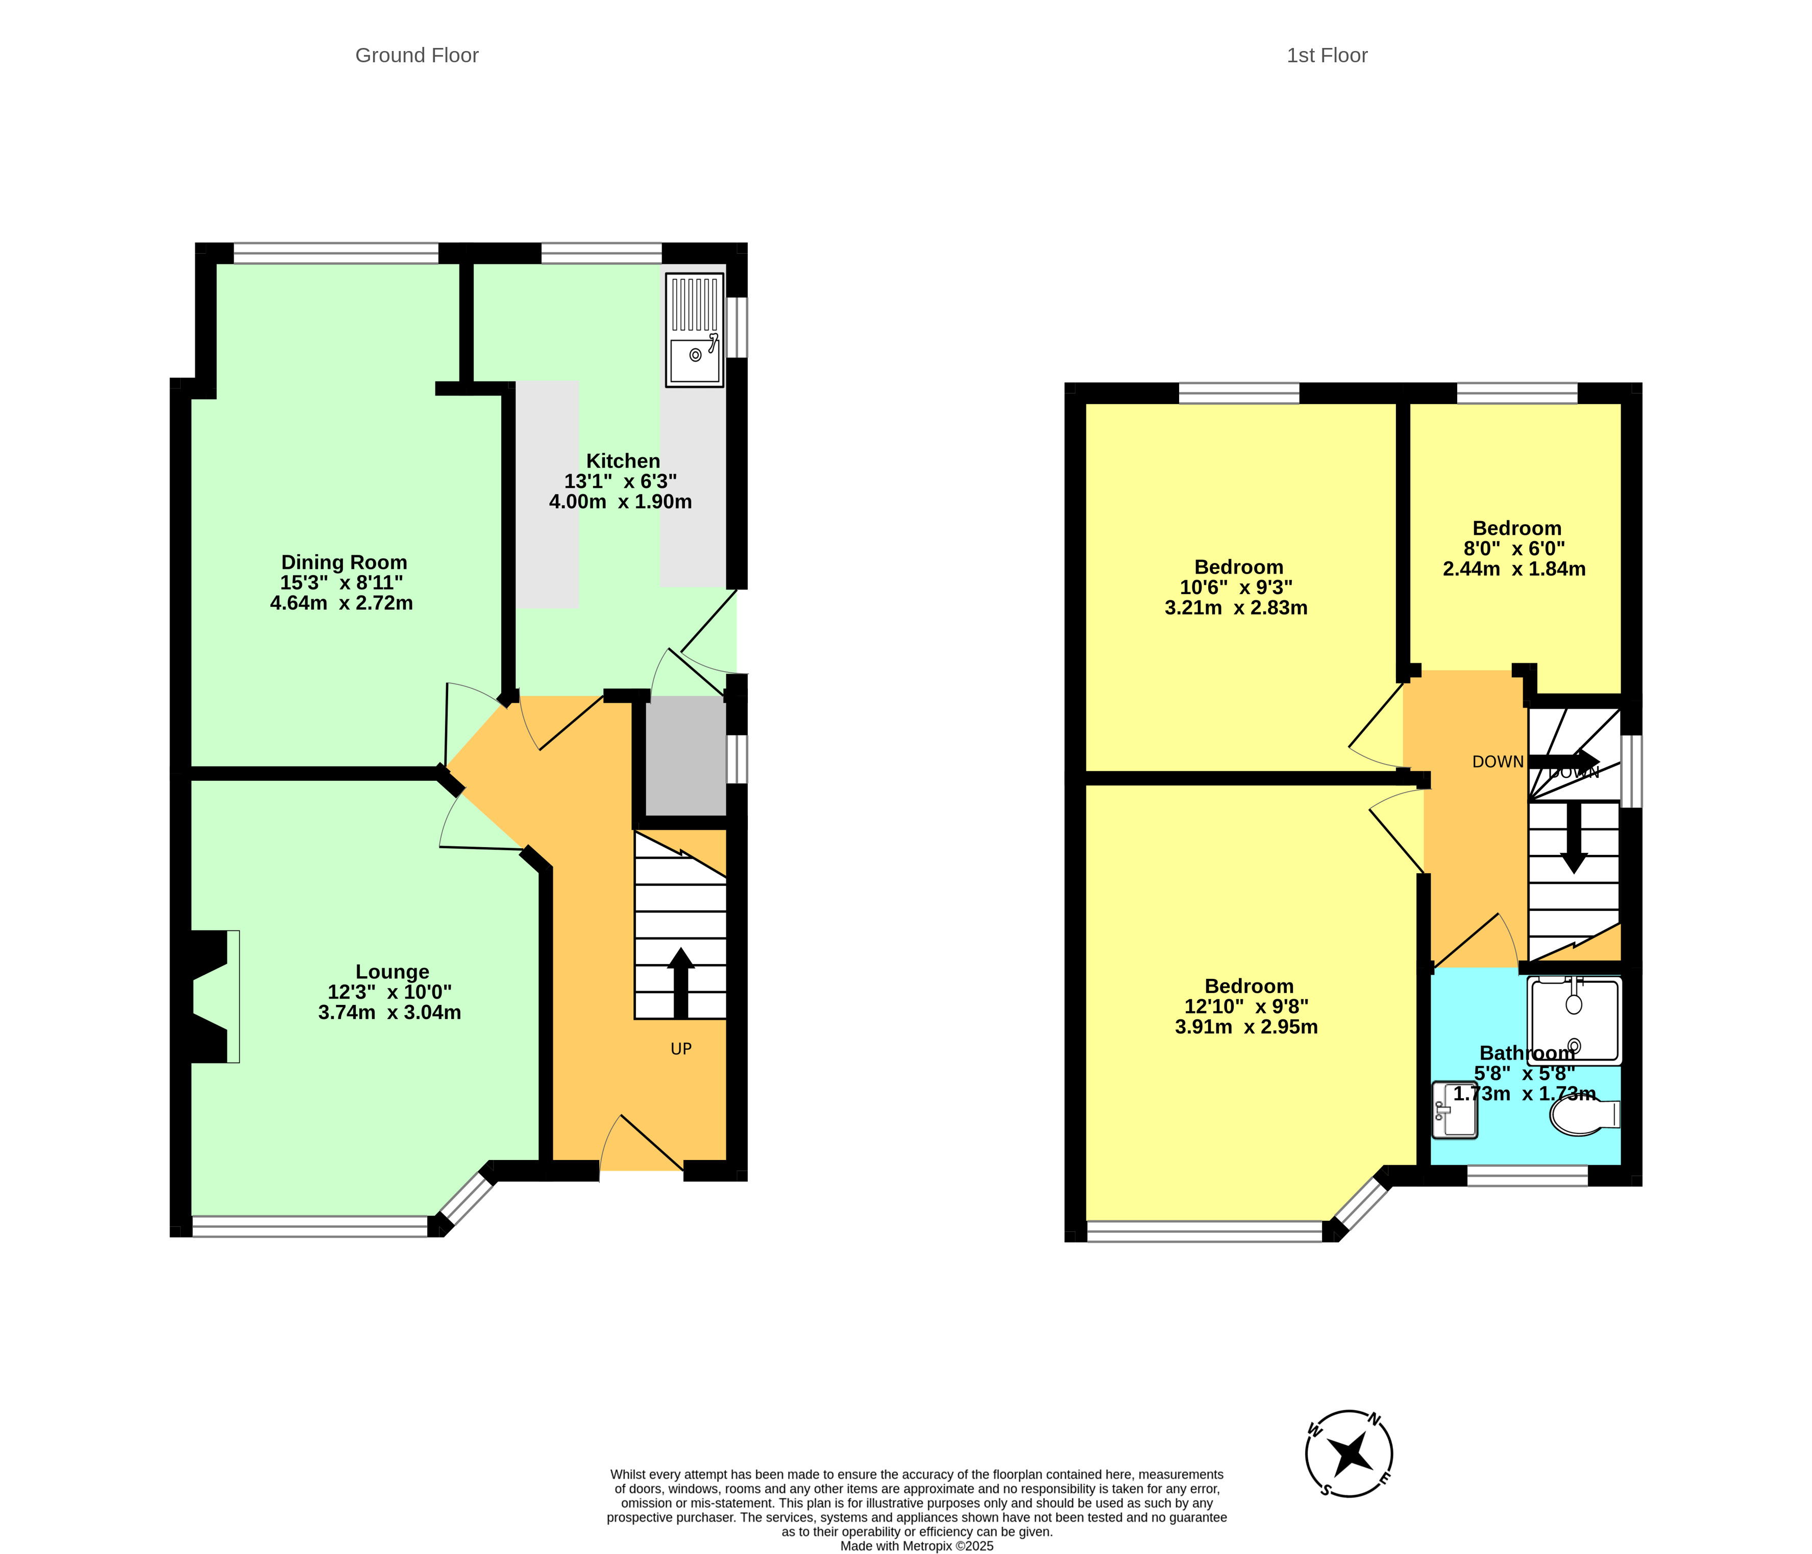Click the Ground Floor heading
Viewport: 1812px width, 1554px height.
[417, 55]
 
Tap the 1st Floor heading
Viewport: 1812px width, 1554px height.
[1327, 55]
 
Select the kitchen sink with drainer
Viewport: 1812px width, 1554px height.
[694, 330]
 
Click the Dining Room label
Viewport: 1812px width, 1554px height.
[344, 562]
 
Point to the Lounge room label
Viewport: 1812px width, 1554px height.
[393, 972]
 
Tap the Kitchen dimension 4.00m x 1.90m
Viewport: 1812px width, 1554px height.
[620, 502]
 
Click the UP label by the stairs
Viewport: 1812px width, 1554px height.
[681, 1049]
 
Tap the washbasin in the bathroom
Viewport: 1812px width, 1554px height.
[1454, 1110]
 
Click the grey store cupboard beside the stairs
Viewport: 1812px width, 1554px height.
[685, 756]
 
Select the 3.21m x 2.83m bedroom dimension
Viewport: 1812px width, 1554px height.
[1236, 608]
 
